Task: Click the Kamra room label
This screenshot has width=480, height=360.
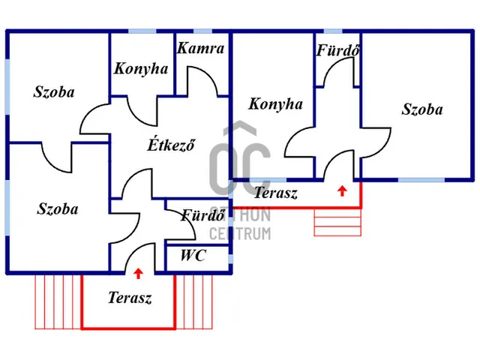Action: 201,48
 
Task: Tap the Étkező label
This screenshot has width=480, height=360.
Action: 172,145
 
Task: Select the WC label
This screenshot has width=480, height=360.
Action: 193,255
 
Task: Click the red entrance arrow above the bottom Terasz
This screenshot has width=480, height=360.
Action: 138,273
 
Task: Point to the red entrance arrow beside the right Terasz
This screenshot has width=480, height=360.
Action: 342,191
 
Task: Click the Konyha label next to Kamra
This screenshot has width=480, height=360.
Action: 141,69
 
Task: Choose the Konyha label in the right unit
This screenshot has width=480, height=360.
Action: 275,104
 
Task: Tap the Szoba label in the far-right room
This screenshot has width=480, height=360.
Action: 422,109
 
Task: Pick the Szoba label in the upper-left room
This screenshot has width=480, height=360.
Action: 54,91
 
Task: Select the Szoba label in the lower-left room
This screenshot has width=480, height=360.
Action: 58,208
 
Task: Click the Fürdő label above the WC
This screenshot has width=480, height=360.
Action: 203,215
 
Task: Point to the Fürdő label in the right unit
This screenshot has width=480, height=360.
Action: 338,50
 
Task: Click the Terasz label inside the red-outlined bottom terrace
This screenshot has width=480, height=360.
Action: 130,298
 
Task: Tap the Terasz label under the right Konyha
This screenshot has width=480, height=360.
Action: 276,193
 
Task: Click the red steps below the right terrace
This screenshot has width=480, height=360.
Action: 337,223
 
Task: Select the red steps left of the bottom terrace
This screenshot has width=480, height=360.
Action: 58,302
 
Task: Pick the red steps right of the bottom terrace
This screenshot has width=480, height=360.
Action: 194,302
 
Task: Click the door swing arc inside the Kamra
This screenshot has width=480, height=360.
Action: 203,80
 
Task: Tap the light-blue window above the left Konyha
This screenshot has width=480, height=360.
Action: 142,31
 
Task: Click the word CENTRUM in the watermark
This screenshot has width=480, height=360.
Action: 240,233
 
